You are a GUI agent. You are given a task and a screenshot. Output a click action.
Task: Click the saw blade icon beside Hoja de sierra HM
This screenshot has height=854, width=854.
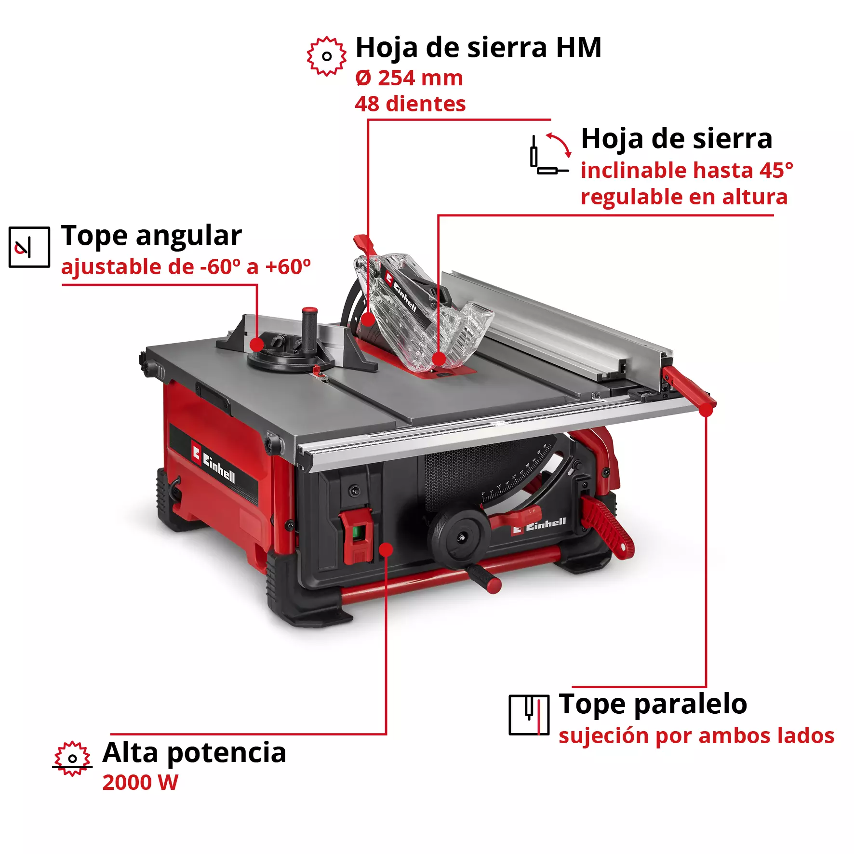click(326, 56)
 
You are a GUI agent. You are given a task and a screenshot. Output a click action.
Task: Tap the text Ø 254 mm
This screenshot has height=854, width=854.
click(409, 78)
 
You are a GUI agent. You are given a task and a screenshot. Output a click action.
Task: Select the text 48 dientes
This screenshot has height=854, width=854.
click(410, 104)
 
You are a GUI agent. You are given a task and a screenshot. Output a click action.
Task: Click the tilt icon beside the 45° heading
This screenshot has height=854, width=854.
click(550, 154)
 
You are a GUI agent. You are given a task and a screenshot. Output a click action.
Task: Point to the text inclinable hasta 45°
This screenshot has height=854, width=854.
click(686, 170)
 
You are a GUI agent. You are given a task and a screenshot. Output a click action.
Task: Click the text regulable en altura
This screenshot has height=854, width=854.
click(684, 197)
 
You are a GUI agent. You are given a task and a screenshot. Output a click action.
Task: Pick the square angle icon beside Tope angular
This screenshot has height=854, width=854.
click(29, 247)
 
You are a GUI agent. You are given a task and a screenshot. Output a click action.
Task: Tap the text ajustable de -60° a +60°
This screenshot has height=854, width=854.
click(186, 267)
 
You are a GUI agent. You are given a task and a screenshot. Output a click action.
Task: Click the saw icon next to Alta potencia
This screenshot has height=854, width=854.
click(72, 758)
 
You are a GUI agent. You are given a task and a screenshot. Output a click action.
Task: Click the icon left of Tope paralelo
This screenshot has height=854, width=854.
click(529, 714)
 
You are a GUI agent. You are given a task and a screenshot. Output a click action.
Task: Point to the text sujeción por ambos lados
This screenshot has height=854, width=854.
click(696, 736)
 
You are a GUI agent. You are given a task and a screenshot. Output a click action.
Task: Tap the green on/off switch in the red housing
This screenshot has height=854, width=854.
click(357, 533)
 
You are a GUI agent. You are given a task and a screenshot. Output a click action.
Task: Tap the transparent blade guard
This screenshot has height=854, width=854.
click(419, 318)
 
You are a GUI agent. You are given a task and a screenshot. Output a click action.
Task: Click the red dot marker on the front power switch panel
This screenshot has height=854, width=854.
click(386, 549)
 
